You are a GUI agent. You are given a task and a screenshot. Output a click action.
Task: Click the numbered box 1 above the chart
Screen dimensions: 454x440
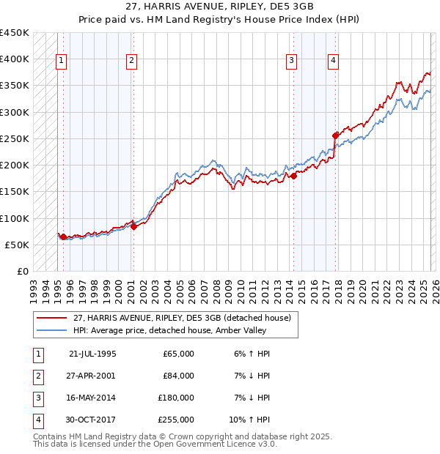(x=61, y=61)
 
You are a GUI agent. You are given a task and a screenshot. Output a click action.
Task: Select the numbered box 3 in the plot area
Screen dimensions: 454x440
(x=292, y=61)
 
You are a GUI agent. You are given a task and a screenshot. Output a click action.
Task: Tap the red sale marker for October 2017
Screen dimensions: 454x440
(x=336, y=135)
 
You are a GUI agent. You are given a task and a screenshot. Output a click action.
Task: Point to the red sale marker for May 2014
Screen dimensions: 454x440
(x=293, y=176)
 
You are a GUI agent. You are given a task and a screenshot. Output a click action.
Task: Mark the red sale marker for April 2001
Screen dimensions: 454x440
(x=133, y=226)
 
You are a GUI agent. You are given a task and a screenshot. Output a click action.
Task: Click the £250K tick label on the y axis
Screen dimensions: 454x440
(x=15, y=138)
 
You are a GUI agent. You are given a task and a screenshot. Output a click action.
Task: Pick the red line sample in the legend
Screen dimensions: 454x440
(x=52, y=318)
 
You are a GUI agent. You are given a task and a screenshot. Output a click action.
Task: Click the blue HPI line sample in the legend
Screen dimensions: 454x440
(x=52, y=330)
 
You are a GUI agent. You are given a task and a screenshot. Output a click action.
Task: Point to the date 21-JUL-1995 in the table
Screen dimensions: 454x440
(x=92, y=354)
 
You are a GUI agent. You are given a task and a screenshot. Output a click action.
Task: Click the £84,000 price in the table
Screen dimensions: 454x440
(x=178, y=376)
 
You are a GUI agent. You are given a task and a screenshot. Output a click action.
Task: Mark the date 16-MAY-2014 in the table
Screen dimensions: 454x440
(x=92, y=398)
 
